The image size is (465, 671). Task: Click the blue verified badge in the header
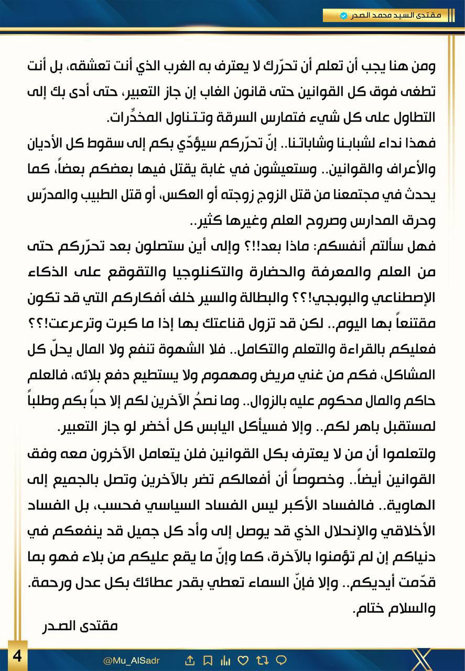click(x=344, y=16)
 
